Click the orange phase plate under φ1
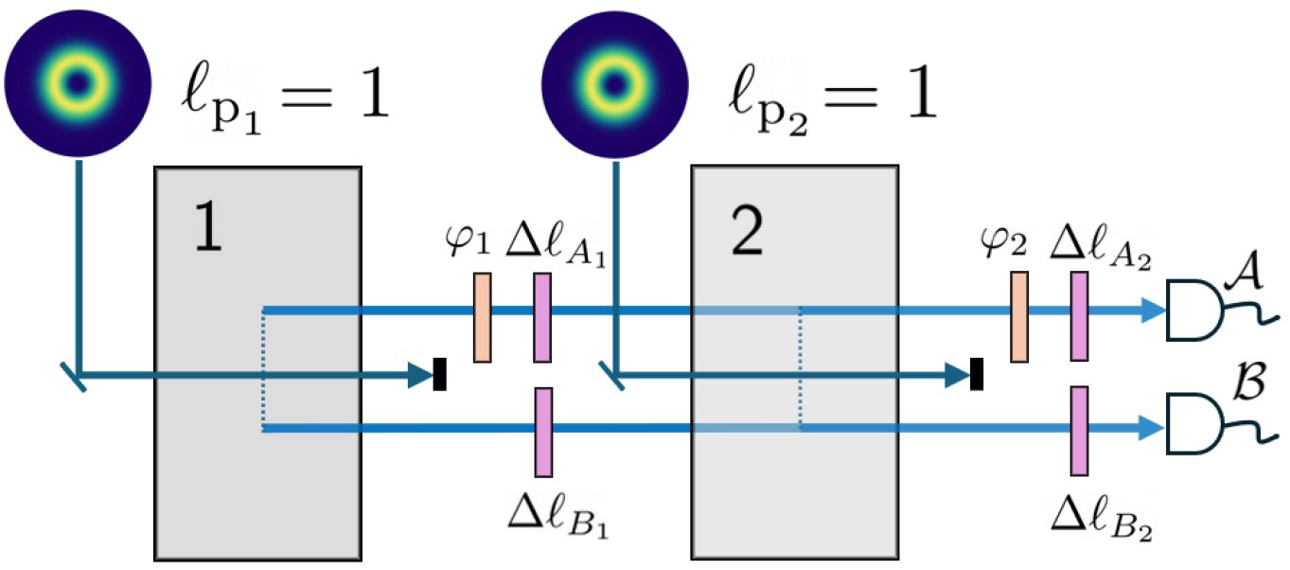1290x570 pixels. (x=482, y=317)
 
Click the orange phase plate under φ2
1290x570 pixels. (x=1019, y=316)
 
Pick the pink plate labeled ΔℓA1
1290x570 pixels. (x=541, y=317)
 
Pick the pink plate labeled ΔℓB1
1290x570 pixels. (x=542, y=432)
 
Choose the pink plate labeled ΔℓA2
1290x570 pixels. (x=1079, y=316)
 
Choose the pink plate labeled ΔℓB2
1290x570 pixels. (x=1079, y=431)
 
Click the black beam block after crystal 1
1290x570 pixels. (x=439, y=374)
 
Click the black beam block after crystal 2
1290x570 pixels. (x=978, y=374)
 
